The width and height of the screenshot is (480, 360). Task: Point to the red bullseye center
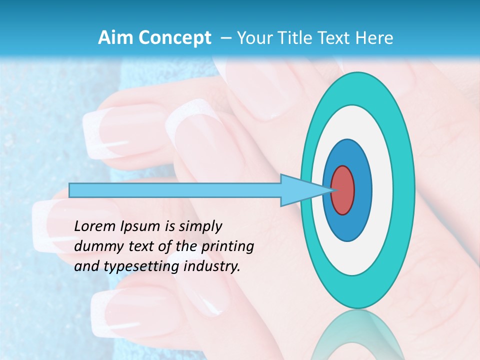coord(343,190)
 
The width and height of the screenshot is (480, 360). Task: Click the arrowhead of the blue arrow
coord(305,190)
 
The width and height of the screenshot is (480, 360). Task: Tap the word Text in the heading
coord(332,38)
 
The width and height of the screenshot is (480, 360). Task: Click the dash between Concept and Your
coord(225,38)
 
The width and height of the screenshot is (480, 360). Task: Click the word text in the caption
coord(132,246)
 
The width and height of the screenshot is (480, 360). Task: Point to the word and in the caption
coord(85,266)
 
